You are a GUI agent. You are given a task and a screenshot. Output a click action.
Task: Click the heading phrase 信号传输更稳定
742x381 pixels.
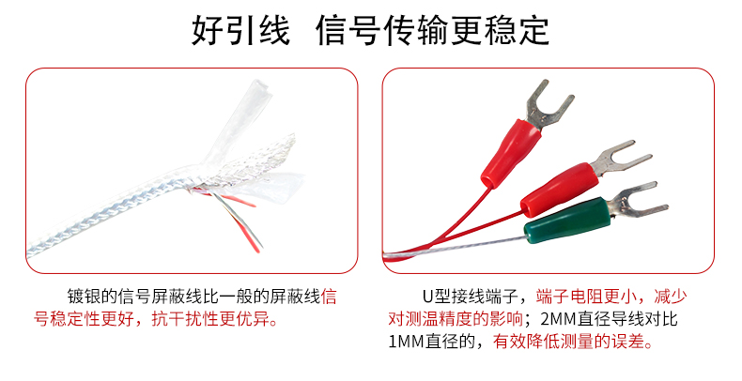(432, 29)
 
